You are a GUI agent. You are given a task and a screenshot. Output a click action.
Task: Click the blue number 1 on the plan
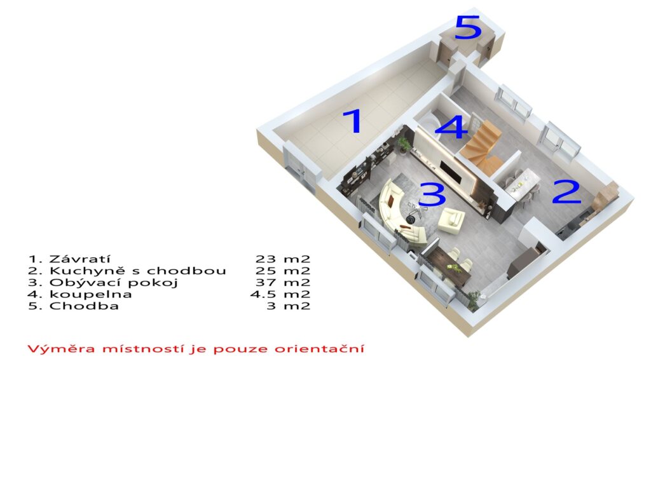(x=354, y=121)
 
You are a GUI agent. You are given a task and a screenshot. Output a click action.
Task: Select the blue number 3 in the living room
(x=432, y=194)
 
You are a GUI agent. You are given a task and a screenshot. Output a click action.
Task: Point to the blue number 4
(x=451, y=126)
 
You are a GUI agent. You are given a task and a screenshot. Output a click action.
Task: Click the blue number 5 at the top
(x=468, y=27)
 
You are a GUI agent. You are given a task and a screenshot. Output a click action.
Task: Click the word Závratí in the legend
(x=79, y=259)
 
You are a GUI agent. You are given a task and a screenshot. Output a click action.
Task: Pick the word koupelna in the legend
(x=90, y=295)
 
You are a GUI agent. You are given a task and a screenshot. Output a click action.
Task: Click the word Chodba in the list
(x=84, y=306)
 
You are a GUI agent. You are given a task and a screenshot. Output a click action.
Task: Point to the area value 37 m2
(x=283, y=283)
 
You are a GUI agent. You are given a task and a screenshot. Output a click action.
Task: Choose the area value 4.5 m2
(x=280, y=295)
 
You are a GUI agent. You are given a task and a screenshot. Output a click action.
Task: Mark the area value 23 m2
(x=283, y=259)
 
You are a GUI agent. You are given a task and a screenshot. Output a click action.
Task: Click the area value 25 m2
(x=283, y=271)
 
